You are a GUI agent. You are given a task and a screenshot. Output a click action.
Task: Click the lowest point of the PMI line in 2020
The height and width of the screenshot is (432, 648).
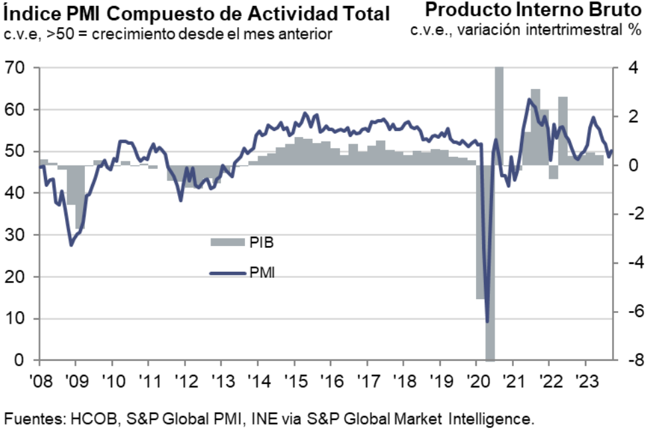click(x=487, y=322)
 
